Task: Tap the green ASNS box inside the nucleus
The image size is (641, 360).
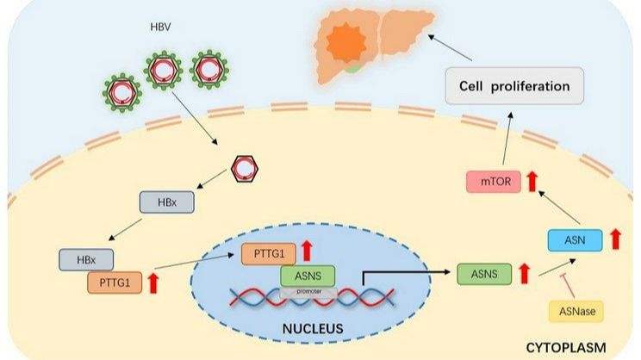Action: pyautogui.click(x=307, y=276)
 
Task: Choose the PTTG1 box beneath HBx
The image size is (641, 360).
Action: pyautogui.click(x=115, y=281)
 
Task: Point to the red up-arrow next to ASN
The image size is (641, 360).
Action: pyautogui.click(x=615, y=239)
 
